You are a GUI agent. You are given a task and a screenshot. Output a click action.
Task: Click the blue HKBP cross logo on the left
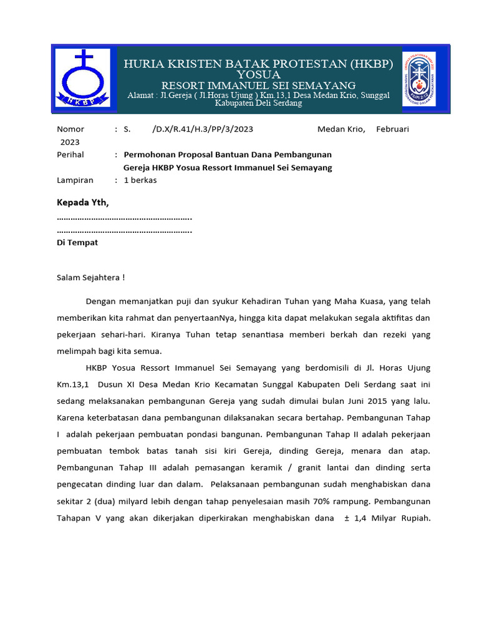point(82,78)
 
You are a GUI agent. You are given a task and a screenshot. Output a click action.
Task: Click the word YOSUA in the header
point(258,75)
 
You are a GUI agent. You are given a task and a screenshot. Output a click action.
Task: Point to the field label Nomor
point(70,129)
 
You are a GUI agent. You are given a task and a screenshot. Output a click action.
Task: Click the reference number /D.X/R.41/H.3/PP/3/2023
point(202,129)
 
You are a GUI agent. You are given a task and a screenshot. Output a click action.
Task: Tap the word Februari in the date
point(392,129)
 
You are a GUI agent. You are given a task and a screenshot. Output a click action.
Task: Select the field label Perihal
point(70,154)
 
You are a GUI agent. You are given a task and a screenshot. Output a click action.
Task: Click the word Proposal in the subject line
point(196,154)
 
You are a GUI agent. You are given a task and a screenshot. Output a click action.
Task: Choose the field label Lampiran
point(75,180)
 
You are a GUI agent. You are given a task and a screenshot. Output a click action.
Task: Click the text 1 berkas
point(140,180)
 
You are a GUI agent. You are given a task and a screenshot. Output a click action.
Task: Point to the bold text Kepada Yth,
point(82,202)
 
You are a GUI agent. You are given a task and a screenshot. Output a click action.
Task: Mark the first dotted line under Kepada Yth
point(124,218)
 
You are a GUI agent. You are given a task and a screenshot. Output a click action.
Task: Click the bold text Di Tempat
point(77,242)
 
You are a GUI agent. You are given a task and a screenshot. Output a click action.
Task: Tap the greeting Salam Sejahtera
point(90,277)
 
